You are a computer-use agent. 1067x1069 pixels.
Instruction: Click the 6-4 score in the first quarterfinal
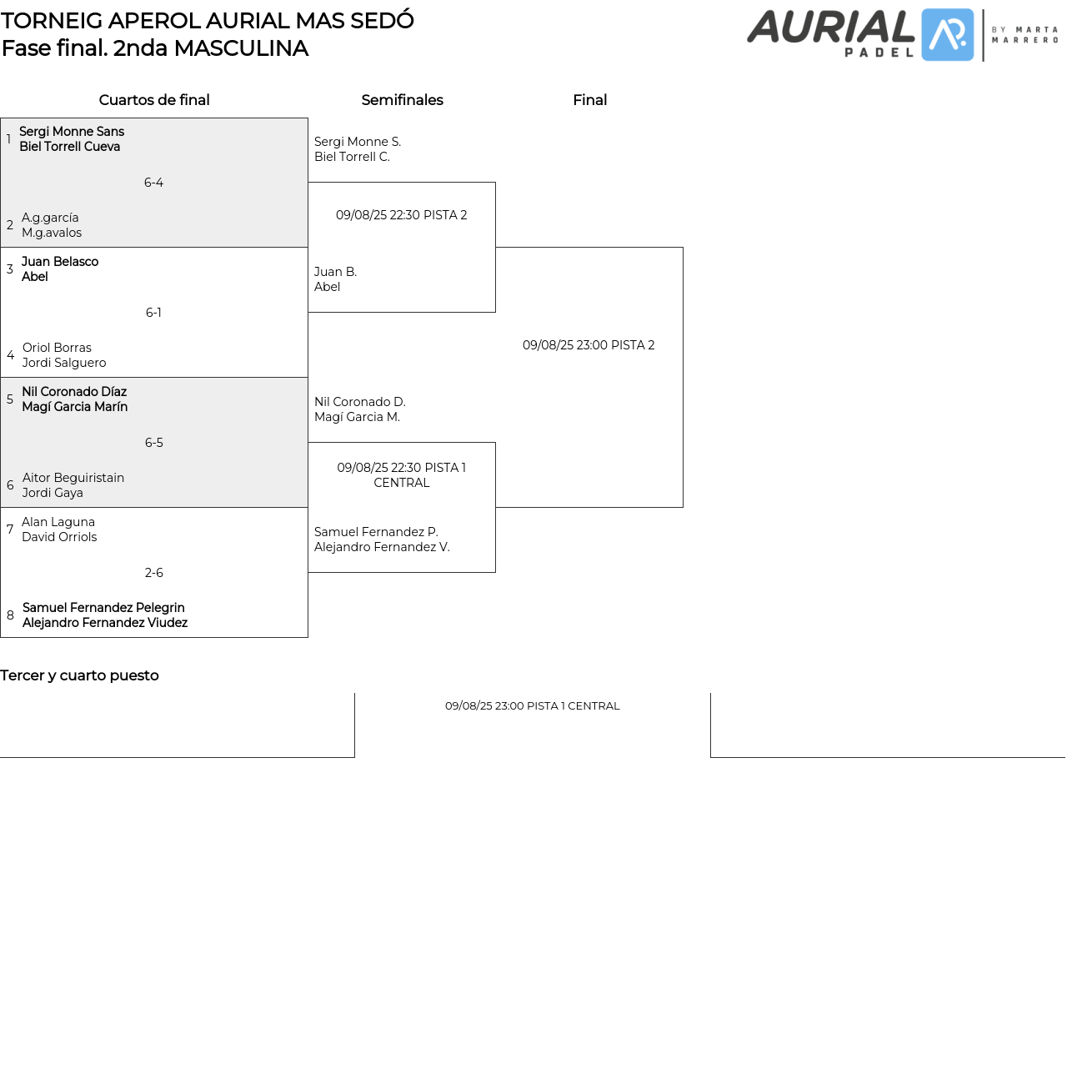[153, 183]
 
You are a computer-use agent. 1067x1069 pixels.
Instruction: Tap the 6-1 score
[153, 313]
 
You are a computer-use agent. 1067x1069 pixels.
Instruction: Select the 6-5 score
[153, 443]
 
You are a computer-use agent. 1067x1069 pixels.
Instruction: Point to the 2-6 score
[153, 573]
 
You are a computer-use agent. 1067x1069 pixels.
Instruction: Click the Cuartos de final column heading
[154, 100]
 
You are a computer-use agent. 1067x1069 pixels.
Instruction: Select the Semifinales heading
[402, 100]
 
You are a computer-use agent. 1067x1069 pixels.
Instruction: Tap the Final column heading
[589, 100]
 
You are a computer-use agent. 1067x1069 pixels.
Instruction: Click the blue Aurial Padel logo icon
[947, 35]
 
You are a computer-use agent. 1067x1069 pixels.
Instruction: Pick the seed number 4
[10, 355]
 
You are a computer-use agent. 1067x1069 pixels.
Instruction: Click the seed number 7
[10, 529]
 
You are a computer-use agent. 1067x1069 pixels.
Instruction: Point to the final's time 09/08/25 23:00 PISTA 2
[589, 345]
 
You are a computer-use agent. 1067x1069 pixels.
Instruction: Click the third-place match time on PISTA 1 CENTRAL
[532, 706]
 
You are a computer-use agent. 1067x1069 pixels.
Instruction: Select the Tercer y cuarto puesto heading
[79, 675]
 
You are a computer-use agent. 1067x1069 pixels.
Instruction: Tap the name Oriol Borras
[57, 348]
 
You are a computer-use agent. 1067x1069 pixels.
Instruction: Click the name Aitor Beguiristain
[73, 478]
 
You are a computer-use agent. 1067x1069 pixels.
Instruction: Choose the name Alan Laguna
[58, 522]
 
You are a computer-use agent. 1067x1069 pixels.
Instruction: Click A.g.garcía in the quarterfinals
[50, 218]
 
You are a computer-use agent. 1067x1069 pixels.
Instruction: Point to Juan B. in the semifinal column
[335, 272]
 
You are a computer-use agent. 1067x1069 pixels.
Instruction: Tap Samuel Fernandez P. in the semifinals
[376, 532]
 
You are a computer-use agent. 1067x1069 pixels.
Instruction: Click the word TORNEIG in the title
[52, 21]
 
